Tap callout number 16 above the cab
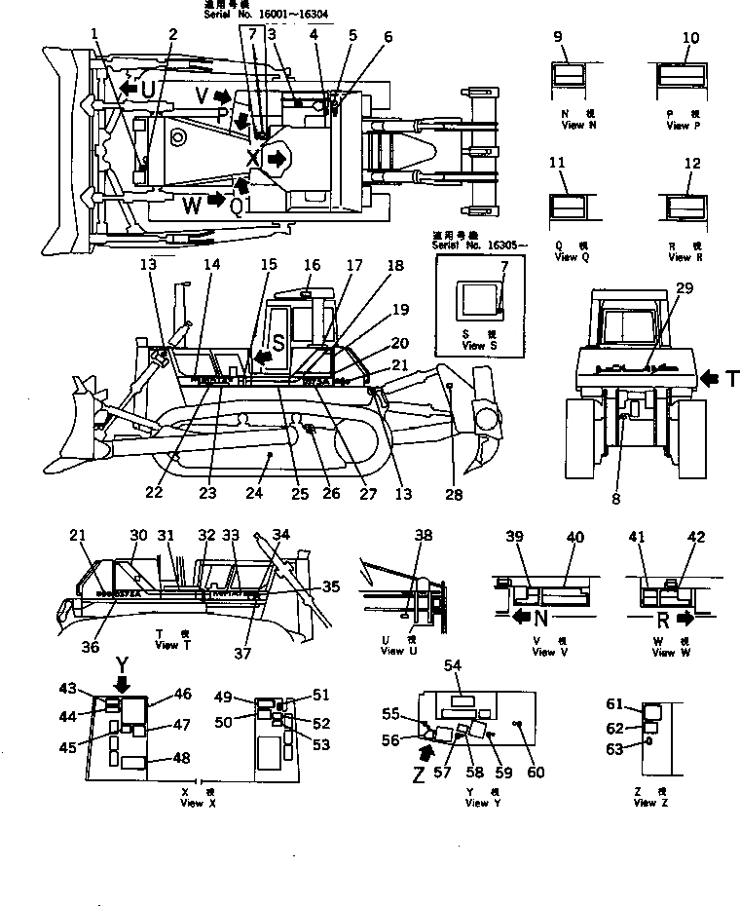point(312,264)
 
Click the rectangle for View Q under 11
point(569,208)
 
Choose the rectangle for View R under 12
point(684,208)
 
